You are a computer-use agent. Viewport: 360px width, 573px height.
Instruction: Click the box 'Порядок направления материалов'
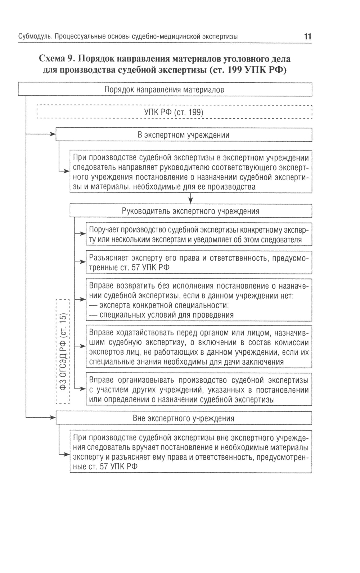[165, 90]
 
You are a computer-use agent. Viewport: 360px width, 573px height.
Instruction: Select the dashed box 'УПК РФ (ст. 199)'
[174, 112]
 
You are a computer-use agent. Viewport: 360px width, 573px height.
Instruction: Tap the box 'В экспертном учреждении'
[184, 135]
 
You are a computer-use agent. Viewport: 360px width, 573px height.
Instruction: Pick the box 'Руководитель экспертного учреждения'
[190, 211]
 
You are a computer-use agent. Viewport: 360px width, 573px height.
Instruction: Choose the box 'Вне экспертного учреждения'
[184, 418]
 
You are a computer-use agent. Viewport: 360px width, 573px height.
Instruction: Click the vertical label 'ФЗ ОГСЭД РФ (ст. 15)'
[63, 352]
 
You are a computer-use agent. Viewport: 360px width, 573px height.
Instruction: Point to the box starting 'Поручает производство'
[199, 235]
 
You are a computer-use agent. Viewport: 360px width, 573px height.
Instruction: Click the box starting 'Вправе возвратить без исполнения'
[199, 300]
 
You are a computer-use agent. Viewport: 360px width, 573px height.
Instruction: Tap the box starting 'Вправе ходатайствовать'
[199, 346]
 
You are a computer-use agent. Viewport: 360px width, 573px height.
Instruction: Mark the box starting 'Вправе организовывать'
[199, 390]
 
